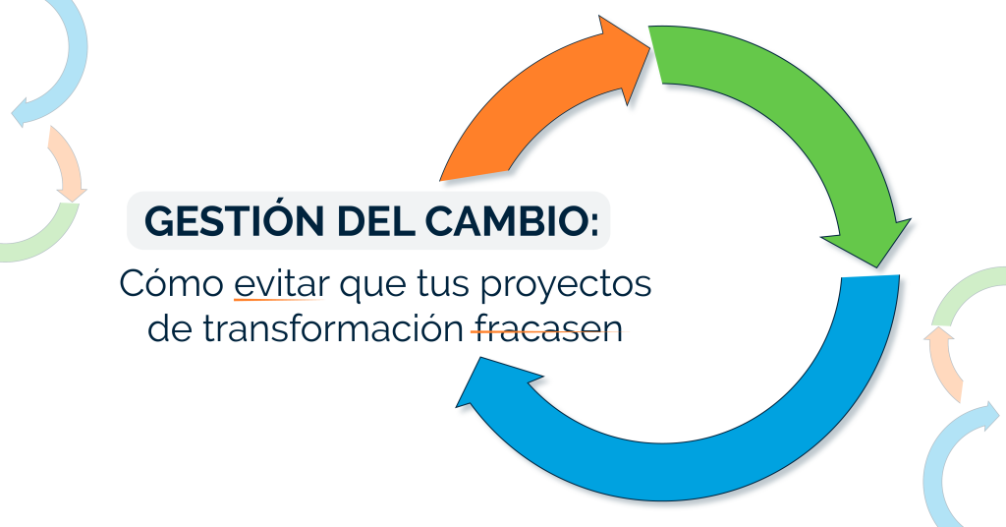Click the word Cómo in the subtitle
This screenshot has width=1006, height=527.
171,282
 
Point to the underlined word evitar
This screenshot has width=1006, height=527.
281,283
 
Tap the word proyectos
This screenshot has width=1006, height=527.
566,286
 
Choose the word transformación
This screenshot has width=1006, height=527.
334,327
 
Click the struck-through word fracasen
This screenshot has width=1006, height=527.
547,328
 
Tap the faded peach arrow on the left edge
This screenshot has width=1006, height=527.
67,163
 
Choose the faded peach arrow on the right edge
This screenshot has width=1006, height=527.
942,363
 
